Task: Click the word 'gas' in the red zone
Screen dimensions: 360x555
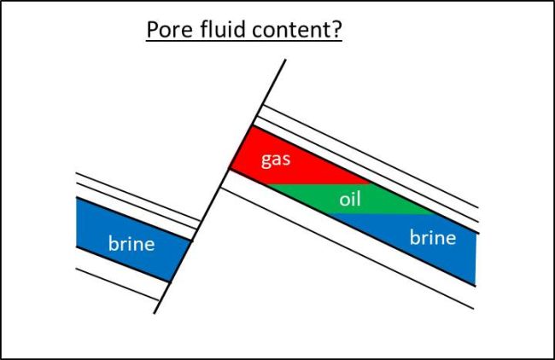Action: click(277, 160)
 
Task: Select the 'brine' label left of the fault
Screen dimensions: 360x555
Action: click(131, 244)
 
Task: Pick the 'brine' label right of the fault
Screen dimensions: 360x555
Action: click(432, 236)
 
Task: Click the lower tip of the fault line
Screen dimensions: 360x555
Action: click(155, 313)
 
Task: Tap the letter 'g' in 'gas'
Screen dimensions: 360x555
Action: click(266, 161)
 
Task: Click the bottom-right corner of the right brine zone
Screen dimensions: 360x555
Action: click(474, 283)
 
